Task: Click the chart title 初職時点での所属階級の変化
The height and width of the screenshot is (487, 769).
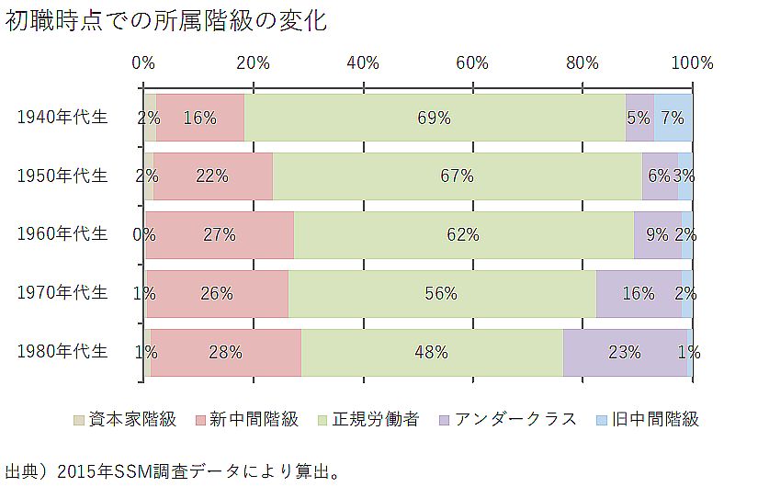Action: [x=165, y=20]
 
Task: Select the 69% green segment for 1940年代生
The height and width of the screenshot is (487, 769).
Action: [x=435, y=118]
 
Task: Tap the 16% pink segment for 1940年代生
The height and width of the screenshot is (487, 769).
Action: [x=199, y=118]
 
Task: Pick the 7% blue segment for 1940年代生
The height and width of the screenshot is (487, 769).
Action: [x=673, y=118]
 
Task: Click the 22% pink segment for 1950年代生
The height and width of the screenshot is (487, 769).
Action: [x=212, y=176]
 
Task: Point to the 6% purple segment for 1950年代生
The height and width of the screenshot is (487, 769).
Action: [x=659, y=176]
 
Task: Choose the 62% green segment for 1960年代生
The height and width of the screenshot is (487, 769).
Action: [x=463, y=234]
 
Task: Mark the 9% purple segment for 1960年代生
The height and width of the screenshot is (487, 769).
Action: [x=657, y=234]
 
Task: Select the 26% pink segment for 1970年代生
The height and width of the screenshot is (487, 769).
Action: [x=217, y=294]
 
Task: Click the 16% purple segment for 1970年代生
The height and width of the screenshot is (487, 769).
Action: [x=638, y=294]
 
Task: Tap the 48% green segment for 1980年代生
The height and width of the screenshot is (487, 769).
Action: [x=431, y=352]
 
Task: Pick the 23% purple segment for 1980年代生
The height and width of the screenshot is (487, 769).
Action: [x=624, y=352]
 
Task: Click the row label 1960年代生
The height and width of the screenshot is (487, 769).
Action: [x=63, y=233]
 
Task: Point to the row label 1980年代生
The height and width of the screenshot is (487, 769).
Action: [x=63, y=351]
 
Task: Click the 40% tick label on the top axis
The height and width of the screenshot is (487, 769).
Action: [x=364, y=63]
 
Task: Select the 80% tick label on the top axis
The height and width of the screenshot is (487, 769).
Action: [x=582, y=63]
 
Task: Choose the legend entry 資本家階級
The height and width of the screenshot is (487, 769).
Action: [x=126, y=420]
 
